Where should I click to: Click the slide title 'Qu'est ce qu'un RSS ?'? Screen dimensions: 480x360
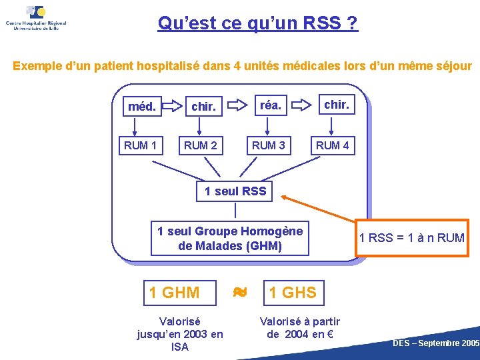257,24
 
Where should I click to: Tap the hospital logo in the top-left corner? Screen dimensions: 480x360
36,18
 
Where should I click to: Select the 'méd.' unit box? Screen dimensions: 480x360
142,106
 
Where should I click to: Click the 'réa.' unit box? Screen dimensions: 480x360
270,104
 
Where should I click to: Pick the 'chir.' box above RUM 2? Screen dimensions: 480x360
203,106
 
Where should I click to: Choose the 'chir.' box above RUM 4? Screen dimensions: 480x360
336,104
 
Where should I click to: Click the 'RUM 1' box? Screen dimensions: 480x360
141,145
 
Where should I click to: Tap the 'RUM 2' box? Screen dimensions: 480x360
201,145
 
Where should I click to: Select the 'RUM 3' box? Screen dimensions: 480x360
268,145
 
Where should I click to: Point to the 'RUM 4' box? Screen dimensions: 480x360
332,145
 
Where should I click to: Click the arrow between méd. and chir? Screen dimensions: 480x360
173,105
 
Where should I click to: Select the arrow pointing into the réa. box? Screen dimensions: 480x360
236,105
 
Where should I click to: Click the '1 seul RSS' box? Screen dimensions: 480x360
235,191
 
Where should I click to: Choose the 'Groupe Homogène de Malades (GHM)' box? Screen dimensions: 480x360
230,239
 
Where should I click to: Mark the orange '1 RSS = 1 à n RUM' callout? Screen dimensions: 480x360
411,237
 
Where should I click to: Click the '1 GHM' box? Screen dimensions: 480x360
174,292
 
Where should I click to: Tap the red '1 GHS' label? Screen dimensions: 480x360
293,292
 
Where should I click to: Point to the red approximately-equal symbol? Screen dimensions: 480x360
240,291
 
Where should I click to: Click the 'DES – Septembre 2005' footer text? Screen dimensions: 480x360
436,343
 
